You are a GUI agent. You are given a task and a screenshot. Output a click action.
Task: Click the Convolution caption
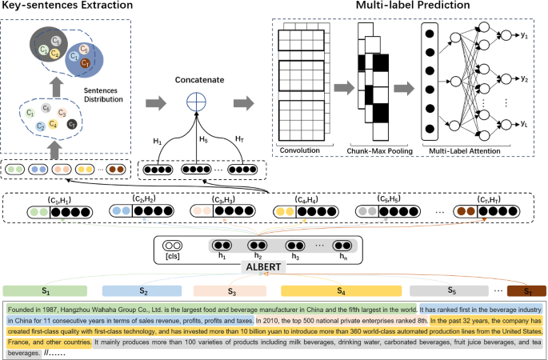click(301, 150)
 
